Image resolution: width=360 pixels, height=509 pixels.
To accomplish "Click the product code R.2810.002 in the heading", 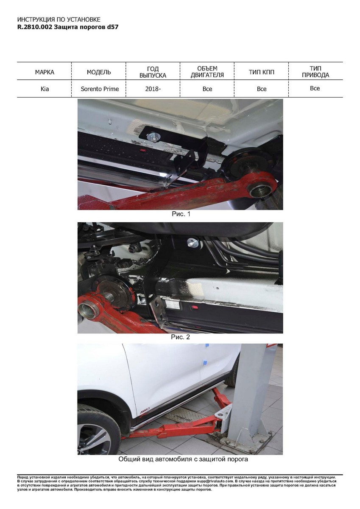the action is point(35,27).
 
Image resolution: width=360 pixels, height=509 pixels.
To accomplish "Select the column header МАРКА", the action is point(45,72).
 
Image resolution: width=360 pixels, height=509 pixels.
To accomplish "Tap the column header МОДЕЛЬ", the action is point(99,72).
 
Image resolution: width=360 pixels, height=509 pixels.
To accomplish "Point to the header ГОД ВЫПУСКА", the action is point(153,72).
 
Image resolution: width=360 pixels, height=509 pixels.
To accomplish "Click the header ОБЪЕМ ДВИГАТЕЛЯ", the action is point(207,72).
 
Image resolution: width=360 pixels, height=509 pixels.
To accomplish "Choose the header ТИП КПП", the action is point(262,72).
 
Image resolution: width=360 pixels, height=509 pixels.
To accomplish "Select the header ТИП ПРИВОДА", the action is point(315,72).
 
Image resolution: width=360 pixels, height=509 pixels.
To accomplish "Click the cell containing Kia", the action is point(45,89).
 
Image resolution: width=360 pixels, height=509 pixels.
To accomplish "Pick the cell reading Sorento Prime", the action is point(100,89).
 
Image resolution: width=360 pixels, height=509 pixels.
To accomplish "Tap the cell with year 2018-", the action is point(153,89).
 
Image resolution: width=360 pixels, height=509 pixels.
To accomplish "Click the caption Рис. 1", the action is point(181,214).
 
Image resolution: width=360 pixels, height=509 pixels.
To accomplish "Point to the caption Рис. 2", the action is point(180,337).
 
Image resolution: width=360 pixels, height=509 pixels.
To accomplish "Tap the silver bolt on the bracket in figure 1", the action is point(153,137).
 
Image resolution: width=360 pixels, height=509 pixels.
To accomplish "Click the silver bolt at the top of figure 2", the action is point(193,243).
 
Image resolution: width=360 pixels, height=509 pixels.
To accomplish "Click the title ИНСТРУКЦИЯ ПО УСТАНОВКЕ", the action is point(59,20).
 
